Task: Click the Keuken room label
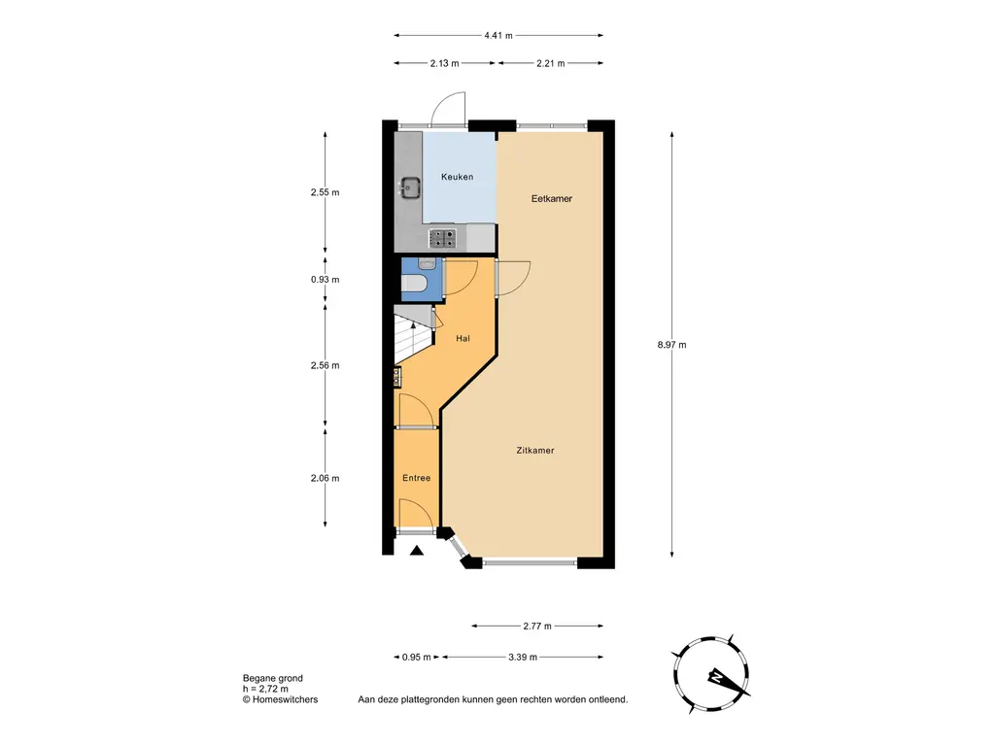pyautogui.click(x=457, y=177)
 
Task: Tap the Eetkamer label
pyautogui.click(x=552, y=198)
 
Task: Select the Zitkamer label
pyautogui.click(x=535, y=451)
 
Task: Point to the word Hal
pyautogui.click(x=463, y=339)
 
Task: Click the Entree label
pyautogui.click(x=416, y=478)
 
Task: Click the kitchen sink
pyautogui.click(x=410, y=187)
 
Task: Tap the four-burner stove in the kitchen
pyautogui.click(x=442, y=238)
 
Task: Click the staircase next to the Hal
pyautogui.click(x=413, y=334)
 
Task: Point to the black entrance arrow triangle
pyautogui.click(x=416, y=551)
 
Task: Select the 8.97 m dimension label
pyautogui.click(x=672, y=345)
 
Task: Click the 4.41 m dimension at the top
pyautogui.click(x=498, y=36)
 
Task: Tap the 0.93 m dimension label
pyautogui.click(x=325, y=280)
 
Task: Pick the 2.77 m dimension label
pyautogui.click(x=536, y=627)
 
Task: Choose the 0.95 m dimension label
pyautogui.click(x=416, y=658)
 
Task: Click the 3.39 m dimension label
pyautogui.click(x=522, y=658)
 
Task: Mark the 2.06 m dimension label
pyautogui.click(x=325, y=478)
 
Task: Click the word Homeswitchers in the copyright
pyautogui.click(x=285, y=699)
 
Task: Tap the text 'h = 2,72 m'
pyautogui.click(x=265, y=689)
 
